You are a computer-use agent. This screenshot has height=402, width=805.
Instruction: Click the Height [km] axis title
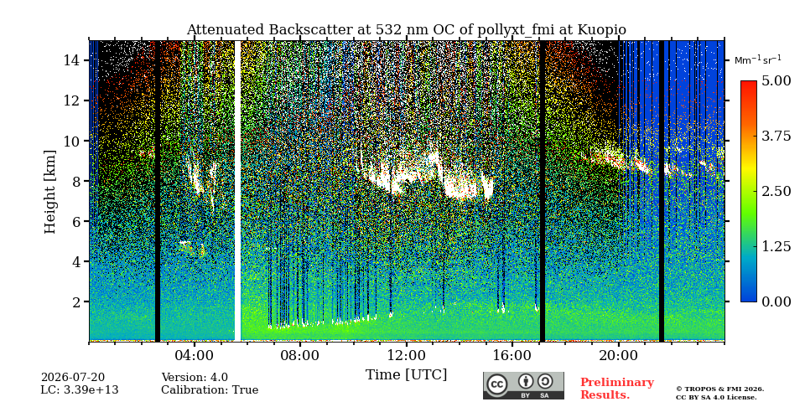point(49,191)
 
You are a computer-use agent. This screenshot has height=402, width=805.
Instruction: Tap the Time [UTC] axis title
point(406,375)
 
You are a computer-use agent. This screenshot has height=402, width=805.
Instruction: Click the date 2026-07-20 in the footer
point(72,378)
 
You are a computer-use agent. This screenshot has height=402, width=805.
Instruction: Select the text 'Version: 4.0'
point(195,378)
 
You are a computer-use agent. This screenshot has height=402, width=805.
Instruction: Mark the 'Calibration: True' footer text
point(210,390)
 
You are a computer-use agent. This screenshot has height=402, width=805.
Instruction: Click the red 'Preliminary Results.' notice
point(617,389)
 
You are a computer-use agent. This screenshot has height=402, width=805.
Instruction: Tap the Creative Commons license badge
point(523,385)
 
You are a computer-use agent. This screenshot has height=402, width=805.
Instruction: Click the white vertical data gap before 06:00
point(237,191)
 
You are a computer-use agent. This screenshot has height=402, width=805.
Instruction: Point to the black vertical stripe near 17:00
point(543,191)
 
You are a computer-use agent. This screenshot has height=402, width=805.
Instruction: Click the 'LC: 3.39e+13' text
point(80,390)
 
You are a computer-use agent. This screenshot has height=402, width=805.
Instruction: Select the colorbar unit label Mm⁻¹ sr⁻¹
point(758,60)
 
